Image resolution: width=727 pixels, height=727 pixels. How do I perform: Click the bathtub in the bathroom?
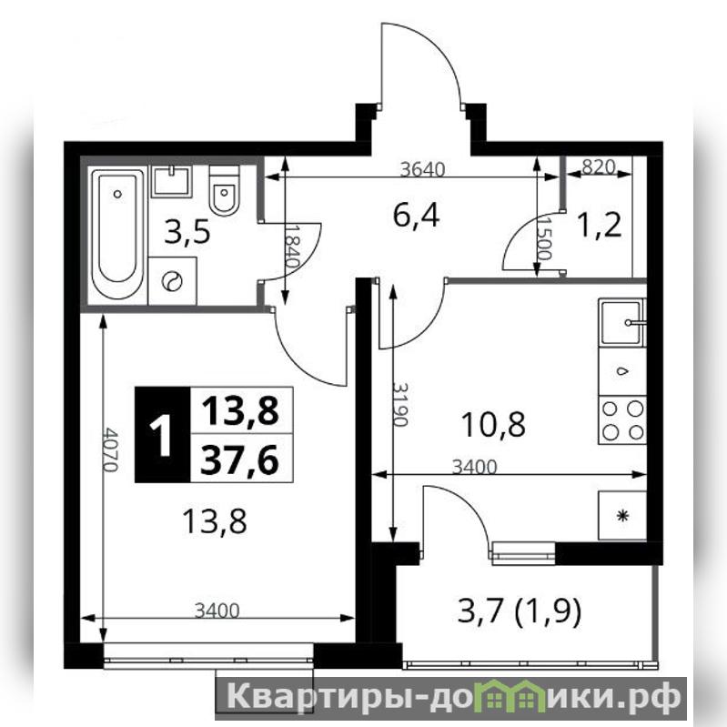(117, 234)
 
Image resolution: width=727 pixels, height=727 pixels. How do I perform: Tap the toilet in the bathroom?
(225, 190)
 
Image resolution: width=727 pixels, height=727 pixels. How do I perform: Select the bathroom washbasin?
(172, 181)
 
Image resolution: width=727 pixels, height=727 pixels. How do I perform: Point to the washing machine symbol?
(172, 281)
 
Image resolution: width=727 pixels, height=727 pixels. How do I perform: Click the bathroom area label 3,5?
(187, 233)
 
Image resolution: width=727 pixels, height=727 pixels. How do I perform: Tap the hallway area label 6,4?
(416, 216)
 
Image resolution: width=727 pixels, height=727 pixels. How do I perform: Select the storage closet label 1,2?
(599, 227)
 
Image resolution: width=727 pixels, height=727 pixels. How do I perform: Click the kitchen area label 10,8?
(494, 425)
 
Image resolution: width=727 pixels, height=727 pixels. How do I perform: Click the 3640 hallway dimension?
(422, 170)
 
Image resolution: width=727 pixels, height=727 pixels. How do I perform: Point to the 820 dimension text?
(598, 167)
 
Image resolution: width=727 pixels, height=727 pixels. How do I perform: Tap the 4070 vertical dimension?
(110, 449)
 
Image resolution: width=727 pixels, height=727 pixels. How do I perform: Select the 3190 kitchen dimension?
(399, 404)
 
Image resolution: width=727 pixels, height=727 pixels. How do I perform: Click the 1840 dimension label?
(291, 247)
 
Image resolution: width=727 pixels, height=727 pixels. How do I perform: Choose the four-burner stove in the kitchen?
(622, 420)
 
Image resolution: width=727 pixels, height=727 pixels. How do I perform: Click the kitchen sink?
(622, 323)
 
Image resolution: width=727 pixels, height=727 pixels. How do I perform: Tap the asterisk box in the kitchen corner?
(622, 516)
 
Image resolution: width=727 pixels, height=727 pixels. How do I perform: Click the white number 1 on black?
(162, 435)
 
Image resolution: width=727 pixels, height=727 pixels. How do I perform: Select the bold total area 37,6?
(239, 459)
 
